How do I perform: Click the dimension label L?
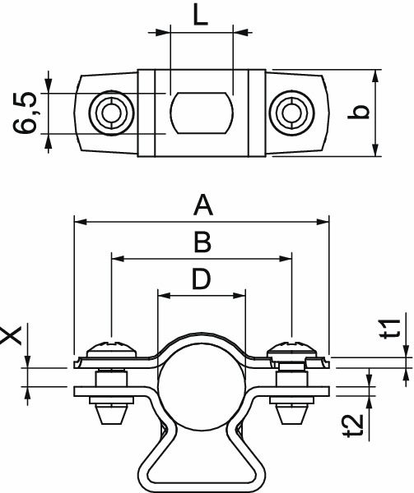pos(200,16)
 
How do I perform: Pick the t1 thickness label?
pos(393,327)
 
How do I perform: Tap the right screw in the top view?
pos(291,112)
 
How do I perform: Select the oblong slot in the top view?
pos(200,113)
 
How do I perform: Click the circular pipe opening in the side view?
pos(200,387)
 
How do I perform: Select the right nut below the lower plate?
pos(289,410)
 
